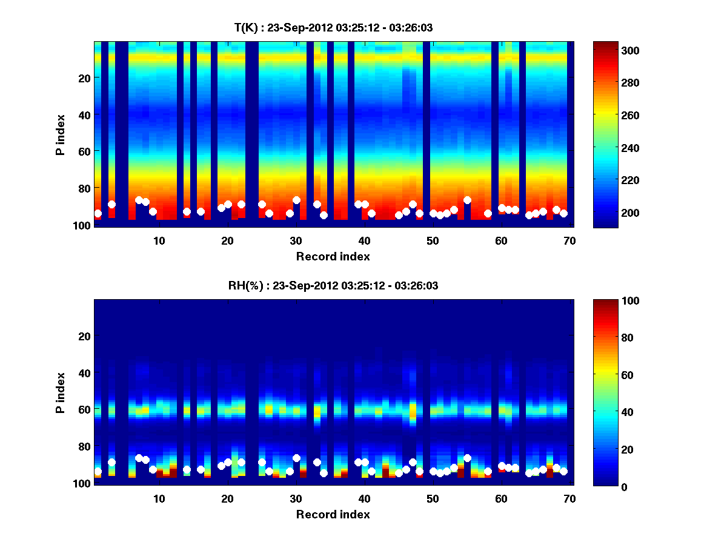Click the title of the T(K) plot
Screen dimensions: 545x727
333,27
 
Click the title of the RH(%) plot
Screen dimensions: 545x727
333,286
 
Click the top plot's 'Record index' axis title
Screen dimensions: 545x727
333,256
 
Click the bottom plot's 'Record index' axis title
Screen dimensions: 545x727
333,514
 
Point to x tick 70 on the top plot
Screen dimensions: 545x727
569,240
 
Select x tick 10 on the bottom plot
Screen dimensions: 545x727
159,498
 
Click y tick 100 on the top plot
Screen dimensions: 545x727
83,225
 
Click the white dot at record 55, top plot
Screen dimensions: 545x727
467,200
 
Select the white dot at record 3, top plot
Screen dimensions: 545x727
111,204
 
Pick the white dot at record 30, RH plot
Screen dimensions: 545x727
296,458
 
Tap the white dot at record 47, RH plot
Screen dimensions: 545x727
413,462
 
